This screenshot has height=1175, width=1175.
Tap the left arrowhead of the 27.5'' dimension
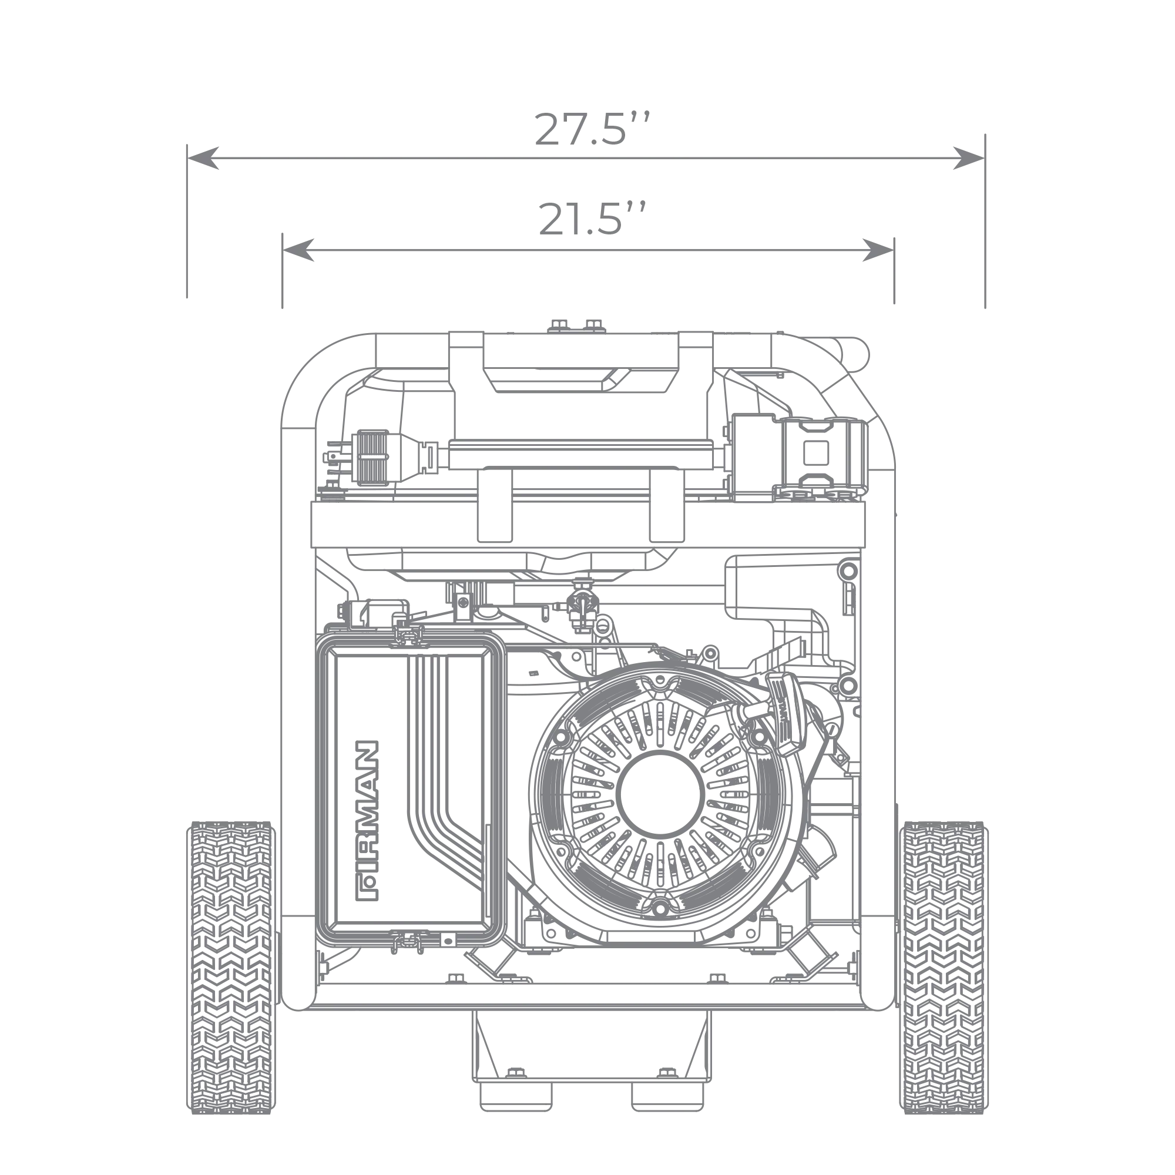[203, 158]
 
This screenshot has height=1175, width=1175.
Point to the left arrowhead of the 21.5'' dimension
[298, 250]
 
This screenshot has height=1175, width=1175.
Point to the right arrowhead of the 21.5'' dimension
[878, 250]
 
